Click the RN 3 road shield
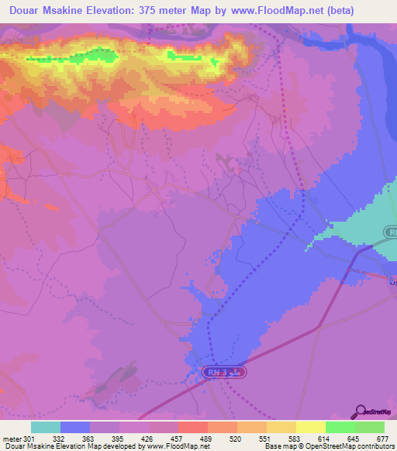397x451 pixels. point(226,374)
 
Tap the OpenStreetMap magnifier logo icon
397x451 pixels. point(358,411)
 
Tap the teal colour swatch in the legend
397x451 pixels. point(46,428)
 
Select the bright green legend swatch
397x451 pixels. point(340,428)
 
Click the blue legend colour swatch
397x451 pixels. point(75,428)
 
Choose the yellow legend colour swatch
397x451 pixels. point(311,428)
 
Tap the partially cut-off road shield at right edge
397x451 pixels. point(391,232)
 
